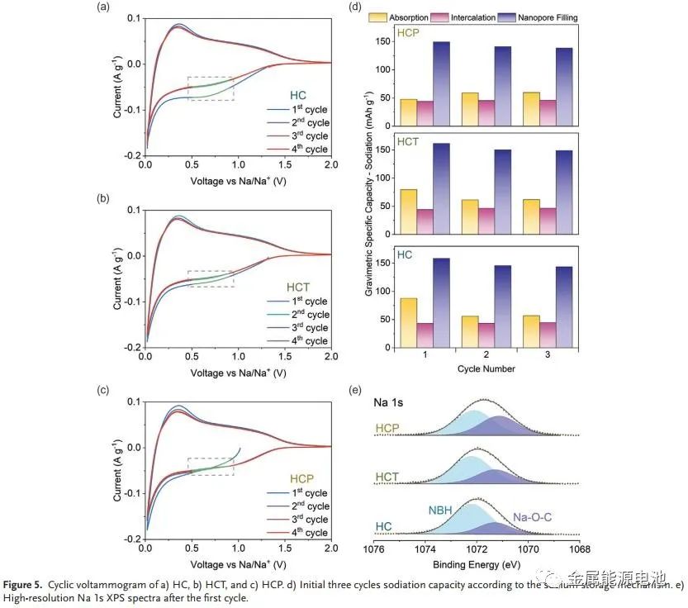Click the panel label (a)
102,7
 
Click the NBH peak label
440,510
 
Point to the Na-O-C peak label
532,518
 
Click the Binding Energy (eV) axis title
477,564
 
